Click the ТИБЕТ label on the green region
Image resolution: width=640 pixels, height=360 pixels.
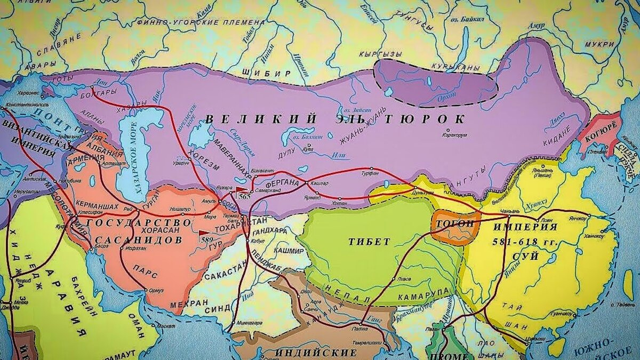[369, 242]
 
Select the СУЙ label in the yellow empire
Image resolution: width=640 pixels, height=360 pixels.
[526, 257]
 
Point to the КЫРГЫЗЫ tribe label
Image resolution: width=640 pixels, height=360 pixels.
[380, 54]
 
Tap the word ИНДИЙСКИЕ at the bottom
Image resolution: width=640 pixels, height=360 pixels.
[315, 353]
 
